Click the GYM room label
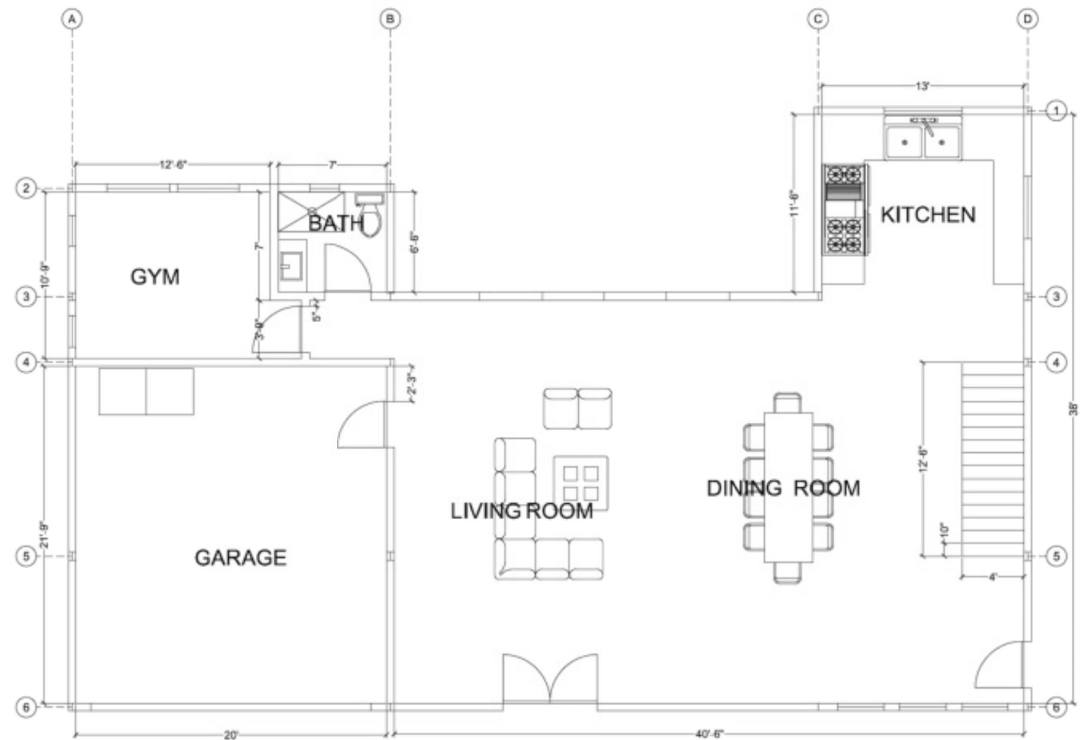point(155,276)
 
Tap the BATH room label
point(335,223)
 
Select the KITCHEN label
point(928,214)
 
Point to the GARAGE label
point(241,557)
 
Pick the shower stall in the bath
point(310,211)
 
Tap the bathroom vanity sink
point(291,266)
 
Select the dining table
point(788,487)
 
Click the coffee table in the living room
point(581,482)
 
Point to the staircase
point(992,459)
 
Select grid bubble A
point(72,19)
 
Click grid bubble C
point(818,19)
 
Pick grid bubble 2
point(25,189)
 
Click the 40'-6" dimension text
point(709,734)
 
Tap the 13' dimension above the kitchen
point(922,86)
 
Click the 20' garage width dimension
point(230,735)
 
